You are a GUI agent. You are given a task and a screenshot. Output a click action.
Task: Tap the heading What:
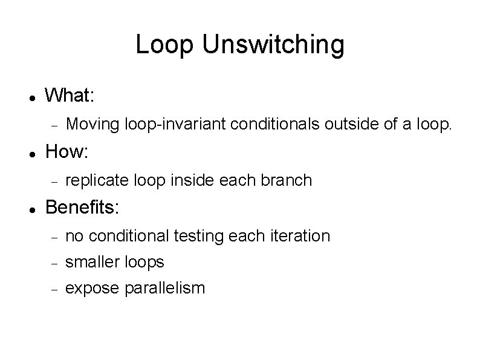pyautogui.click(x=69, y=96)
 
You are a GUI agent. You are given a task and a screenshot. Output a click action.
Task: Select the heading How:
pyautogui.click(x=66, y=152)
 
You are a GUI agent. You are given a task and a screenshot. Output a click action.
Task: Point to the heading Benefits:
pyautogui.click(x=83, y=208)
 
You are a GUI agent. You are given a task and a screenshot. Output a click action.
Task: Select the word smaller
pyautogui.click(x=92, y=262)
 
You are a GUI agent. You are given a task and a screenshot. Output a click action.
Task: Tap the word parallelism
pyautogui.click(x=164, y=288)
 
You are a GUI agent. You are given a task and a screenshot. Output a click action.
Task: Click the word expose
pyautogui.click(x=92, y=289)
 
